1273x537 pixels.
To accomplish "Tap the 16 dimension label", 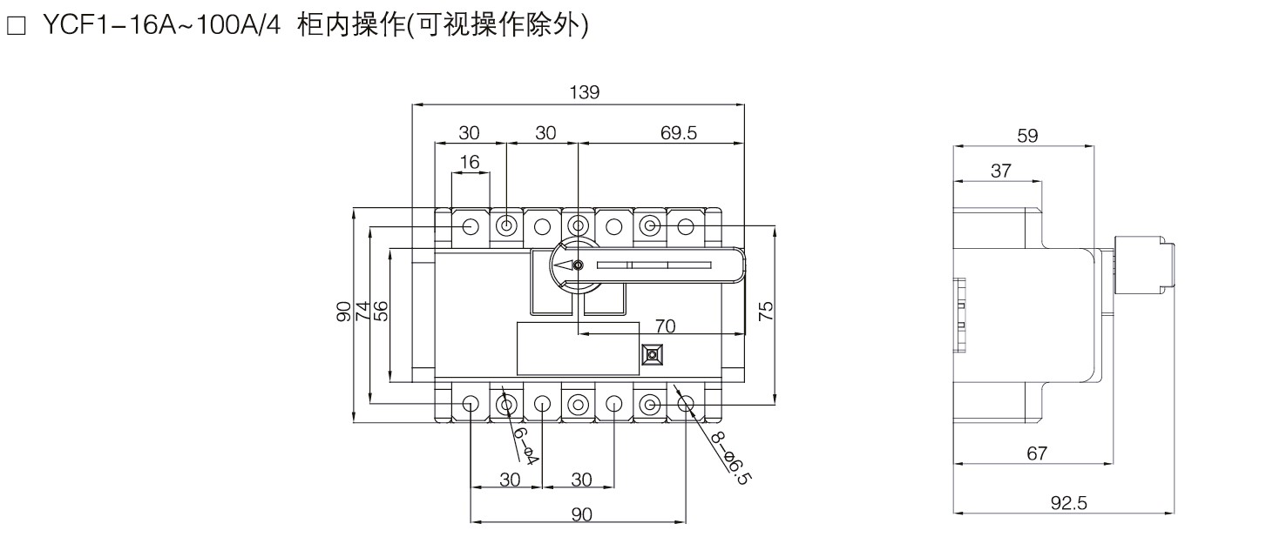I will tap(469, 163).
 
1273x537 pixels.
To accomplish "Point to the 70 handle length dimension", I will tap(665, 326).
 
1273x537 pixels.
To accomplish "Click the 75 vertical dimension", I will tap(765, 312).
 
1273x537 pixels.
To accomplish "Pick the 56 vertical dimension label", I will tap(380, 312).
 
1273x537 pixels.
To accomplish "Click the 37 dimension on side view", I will tap(1000, 171).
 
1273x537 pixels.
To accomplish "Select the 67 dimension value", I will tap(1035, 453).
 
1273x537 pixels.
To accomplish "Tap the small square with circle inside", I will tap(651, 355).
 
